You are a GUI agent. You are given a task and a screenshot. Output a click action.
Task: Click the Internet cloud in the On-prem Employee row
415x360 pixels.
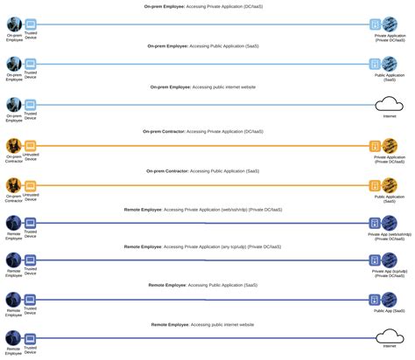[388, 105]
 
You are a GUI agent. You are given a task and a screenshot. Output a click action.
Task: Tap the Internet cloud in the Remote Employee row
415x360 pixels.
[388, 337]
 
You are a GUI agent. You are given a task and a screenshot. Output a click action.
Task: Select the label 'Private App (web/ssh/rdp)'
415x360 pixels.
[389, 235]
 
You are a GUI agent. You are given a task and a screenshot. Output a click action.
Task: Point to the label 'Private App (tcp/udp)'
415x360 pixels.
[389, 272]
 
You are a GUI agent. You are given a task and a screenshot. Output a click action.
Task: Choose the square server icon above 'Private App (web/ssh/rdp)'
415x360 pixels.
[375, 222]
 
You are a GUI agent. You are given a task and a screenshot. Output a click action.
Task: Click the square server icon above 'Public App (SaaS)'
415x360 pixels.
[375, 299]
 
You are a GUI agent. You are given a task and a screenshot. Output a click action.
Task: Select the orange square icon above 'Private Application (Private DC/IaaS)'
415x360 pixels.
[375, 146]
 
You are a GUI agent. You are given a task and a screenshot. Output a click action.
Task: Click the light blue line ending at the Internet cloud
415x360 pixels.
[201, 105]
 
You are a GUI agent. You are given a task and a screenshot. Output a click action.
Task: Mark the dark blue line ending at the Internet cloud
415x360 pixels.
[201, 337]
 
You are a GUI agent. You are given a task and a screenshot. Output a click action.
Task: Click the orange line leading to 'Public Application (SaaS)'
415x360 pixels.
[201, 185]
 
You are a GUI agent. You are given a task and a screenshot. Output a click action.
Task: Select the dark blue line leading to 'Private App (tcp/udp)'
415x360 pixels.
[201, 260]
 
